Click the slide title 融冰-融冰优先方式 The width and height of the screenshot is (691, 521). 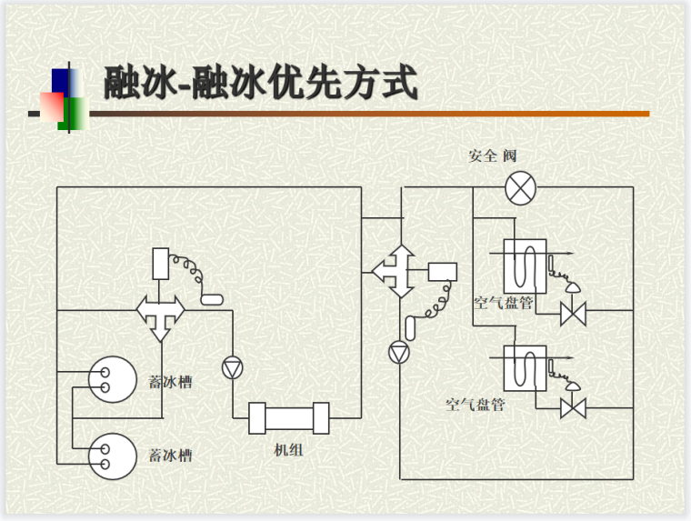pos(261,83)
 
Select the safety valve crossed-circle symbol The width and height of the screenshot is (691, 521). pos(521,188)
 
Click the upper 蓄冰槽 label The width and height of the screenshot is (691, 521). pos(170,382)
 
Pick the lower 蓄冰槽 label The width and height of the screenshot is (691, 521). pos(170,454)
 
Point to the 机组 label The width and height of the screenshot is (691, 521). pos(288,449)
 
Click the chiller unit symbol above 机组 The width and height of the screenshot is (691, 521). pos(288,419)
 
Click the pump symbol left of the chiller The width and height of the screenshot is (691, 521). pos(233,366)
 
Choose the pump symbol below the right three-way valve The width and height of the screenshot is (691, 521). pos(399,352)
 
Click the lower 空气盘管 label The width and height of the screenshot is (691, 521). pos(475,404)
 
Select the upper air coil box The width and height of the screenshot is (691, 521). pos(525,265)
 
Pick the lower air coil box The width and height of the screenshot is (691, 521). pos(525,366)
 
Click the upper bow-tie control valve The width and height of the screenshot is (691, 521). pos(573,316)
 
